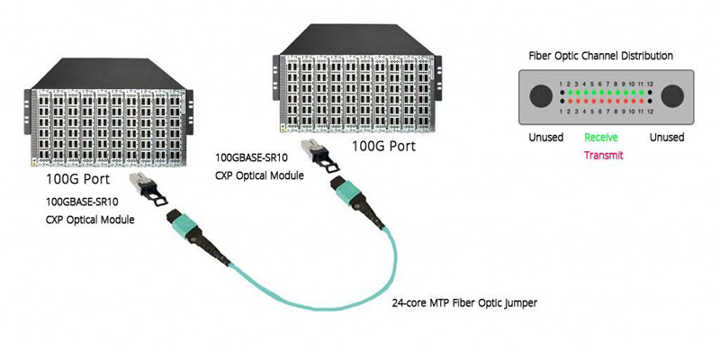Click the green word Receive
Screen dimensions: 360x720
pos(600,138)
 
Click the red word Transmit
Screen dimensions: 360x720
pos(603,155)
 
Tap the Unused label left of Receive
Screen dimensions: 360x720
pos(545,138)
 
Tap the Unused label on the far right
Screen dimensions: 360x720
pos(667,138)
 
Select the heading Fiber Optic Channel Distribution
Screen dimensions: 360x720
pos(600,56)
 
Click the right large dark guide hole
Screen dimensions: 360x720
pos(667,96)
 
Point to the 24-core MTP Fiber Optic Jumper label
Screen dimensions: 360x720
pos(464,303)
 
